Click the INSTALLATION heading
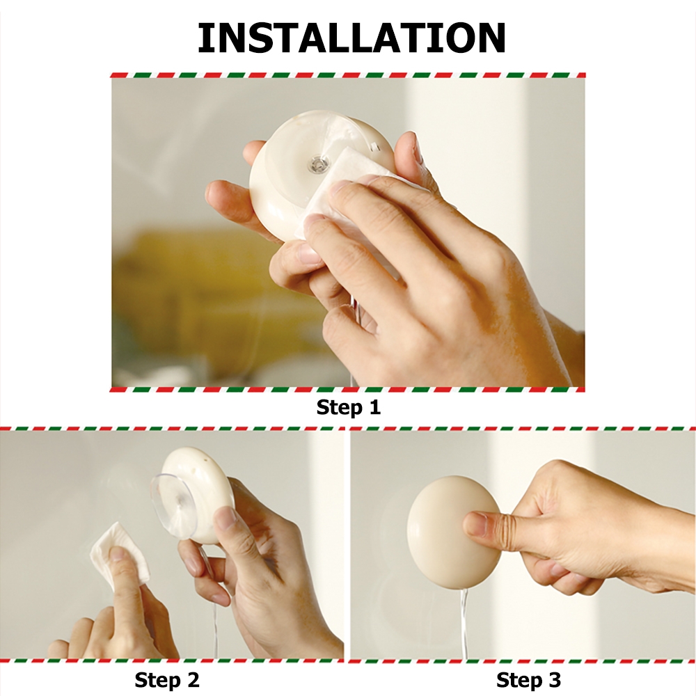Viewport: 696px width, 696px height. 351,38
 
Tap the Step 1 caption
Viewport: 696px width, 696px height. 349,407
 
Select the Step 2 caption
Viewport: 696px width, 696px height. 167,679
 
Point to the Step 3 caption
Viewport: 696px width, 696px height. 528,679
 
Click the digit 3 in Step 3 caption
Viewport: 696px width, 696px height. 555,679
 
